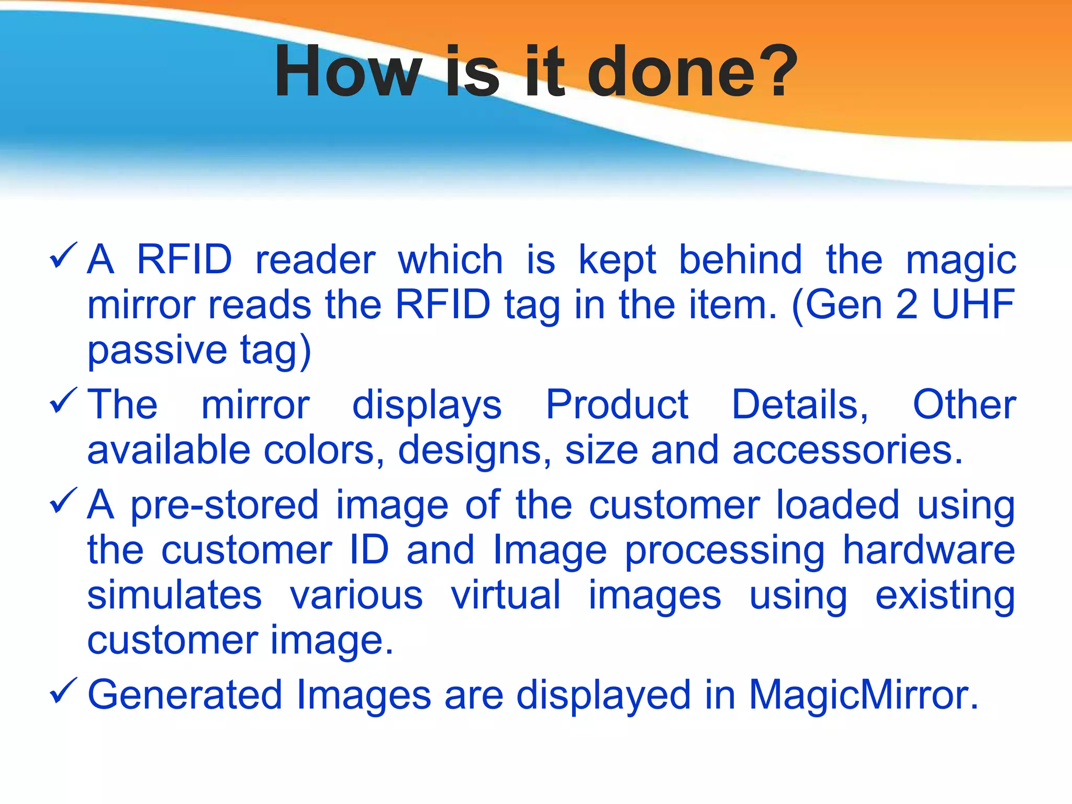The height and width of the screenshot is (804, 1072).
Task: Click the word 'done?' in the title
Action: pyautogui.click(x=692, y=72)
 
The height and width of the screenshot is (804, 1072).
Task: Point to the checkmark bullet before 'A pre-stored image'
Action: pyautogui.click(x=63, y=501)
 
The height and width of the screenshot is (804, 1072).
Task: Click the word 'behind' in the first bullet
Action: pyautogui.click(x=740, y=260)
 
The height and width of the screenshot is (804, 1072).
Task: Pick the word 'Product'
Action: pyautogui.click(x=617, y=405)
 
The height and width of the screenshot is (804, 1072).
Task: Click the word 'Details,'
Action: pyautogui.click(x=799, y=405)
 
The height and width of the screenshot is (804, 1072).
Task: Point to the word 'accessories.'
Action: pyautogui.click(x=847, y=451)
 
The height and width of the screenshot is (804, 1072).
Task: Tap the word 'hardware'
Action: pyautogui.click(x=929, y=550)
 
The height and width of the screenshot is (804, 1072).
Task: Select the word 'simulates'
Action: pyautogui.click(x=174, y=596)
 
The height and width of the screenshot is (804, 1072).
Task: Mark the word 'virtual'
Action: pyautogui.click(x=506, y=595)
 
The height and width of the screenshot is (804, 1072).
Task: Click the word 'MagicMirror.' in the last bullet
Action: pyautogui.click(x=863, y=695)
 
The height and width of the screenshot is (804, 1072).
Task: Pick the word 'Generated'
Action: pyautogui.click(x=185, y=695)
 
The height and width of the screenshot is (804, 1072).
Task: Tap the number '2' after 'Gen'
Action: pyautogui.click(x=907, y=304)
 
